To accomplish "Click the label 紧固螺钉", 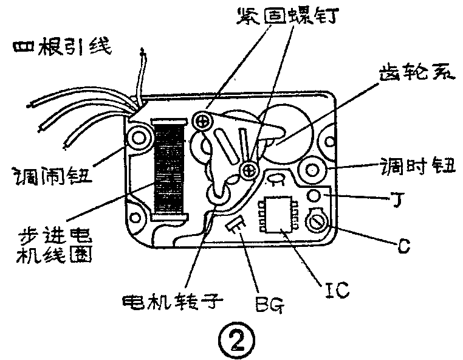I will [287, 16].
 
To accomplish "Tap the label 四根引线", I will [61, 47].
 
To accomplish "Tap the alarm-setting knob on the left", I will [139, 138].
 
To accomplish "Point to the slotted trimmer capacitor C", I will [316, 221].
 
